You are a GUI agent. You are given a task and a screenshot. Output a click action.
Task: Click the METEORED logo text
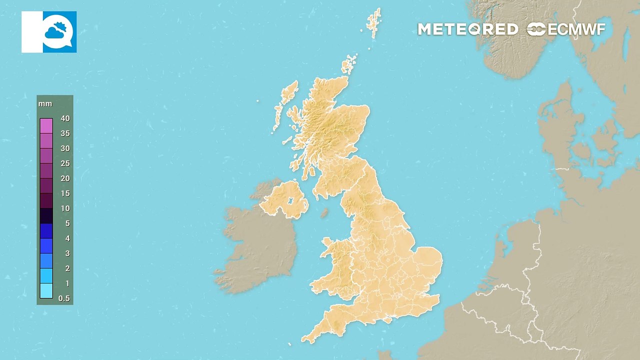pos(467,29)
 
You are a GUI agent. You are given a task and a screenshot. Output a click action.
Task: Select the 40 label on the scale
pos(65,118)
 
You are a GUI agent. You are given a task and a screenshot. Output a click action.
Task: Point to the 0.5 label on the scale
pos(64,298)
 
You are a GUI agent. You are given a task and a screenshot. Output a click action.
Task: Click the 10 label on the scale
pos(65,208)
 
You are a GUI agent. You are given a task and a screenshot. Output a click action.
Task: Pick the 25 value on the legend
pos(65,163)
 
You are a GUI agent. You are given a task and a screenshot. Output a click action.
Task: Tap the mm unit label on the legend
pos(45,104)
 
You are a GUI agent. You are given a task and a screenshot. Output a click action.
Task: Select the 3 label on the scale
pos(66,253)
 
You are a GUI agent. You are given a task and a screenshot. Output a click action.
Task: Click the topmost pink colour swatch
pos(46,125)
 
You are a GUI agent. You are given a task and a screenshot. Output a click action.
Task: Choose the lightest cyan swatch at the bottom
pos(46,290)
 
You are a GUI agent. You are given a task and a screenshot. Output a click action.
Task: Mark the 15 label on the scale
pos(65,193)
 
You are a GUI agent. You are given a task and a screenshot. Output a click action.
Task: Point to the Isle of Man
pos(324,213)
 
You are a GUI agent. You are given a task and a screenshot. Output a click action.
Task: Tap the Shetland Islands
pos(374,22)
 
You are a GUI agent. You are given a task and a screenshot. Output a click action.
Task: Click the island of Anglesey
pos(328,244)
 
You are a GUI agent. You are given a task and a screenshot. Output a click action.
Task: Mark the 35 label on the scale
pos(65,133)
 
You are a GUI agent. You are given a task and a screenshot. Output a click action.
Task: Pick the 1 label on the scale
pos(66,283)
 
